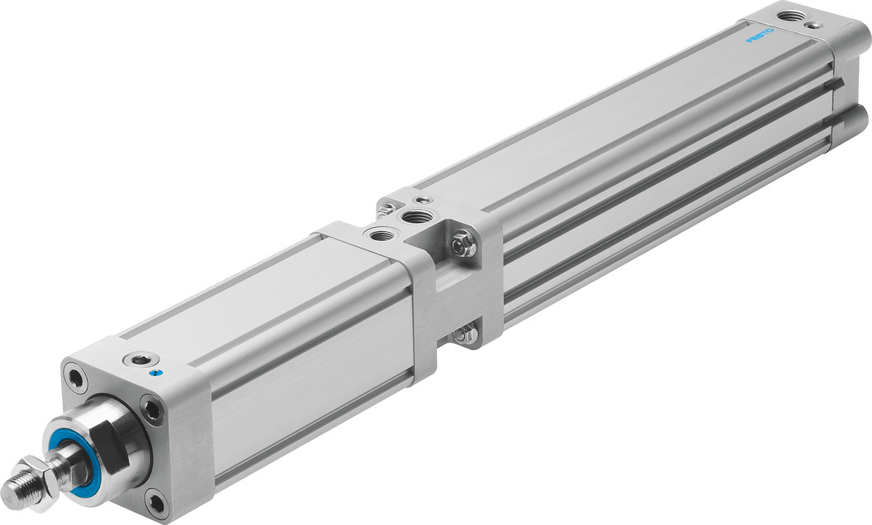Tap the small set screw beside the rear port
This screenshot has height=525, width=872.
tap(814, 25)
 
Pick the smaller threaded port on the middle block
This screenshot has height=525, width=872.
tap(381, 235)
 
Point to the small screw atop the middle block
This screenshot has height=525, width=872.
tap(423, 200)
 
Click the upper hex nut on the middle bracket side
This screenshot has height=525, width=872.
tap(464, 244)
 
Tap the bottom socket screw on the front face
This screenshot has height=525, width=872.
tap(156, 499)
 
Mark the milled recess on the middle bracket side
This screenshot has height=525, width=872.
tap(451, 289)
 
